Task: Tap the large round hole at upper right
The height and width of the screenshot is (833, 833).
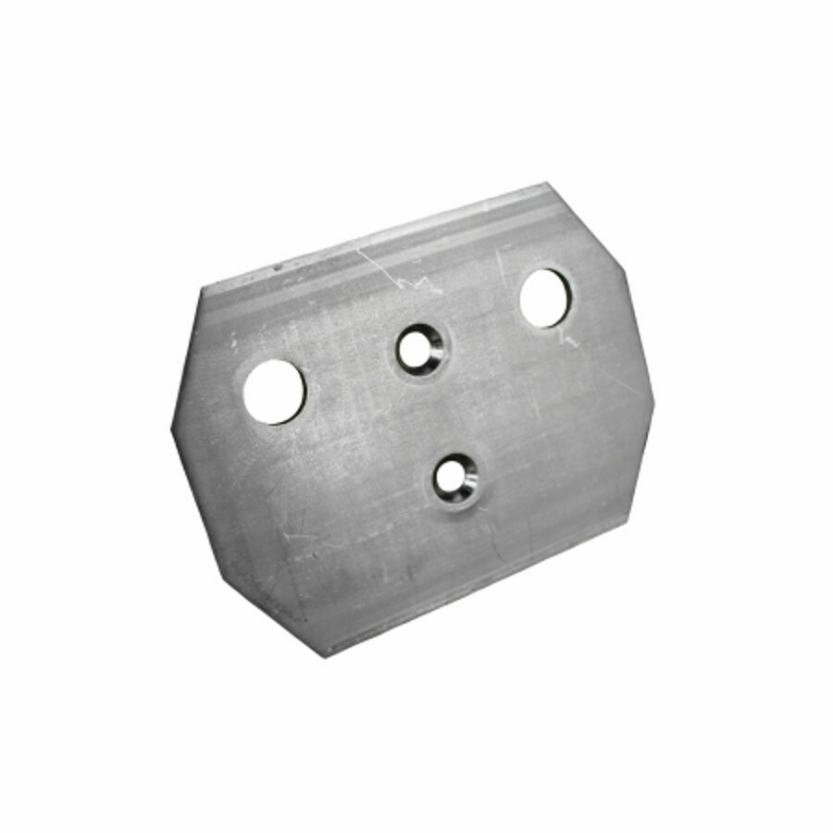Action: (x=545, y=297)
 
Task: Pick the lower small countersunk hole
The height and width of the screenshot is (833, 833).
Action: (x=454, y=479)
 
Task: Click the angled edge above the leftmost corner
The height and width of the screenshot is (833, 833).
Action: (x=185, y=356)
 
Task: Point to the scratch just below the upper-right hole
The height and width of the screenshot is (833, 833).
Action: (x=570, y=341)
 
